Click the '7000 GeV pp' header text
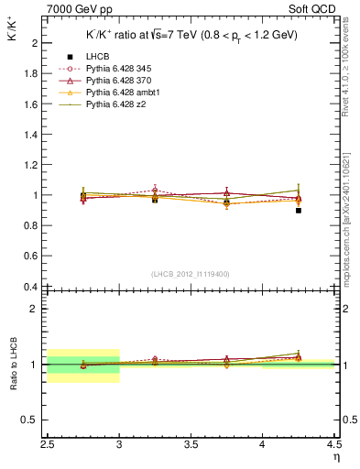click(x=76, y=9)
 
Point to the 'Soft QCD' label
click(x=314, y=9)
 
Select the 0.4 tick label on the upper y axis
click(x=30, y=287)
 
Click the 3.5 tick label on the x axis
click(x=191, y=444)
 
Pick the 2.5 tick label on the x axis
click(x=48, y=444)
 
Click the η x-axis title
click(x=335, y=455)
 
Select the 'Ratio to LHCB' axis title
click(x=13, y=365)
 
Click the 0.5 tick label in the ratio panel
click(x=30, y=420)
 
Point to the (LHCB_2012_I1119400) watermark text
click(x=191, y=274)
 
